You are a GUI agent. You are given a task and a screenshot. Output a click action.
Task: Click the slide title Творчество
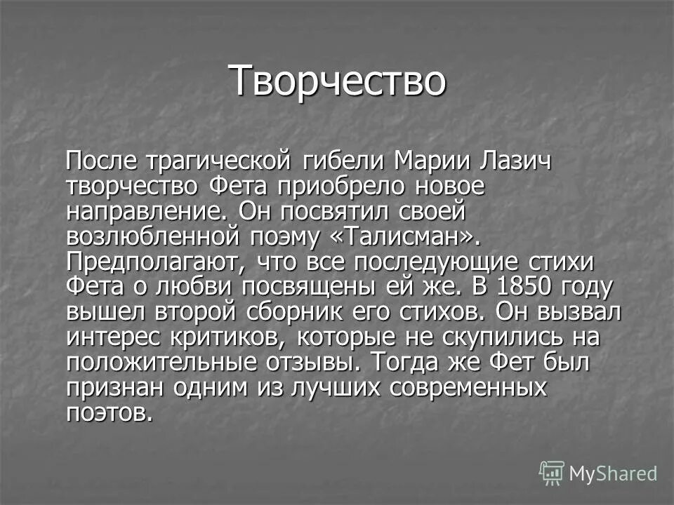coord(337,81)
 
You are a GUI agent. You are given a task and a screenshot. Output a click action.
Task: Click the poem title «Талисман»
coord(404,237)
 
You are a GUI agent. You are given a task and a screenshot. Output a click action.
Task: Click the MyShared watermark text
coord(613,473)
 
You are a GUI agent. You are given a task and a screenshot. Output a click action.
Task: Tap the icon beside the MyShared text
coord(552,473)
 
